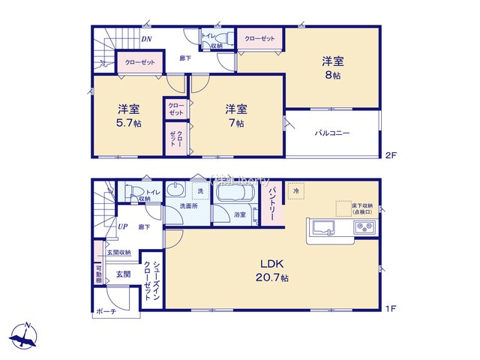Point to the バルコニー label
click(x=331, y=133)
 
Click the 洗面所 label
click(x=188, y=206)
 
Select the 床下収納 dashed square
click(x=343, y=208)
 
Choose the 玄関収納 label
click(x=118, y=253)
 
